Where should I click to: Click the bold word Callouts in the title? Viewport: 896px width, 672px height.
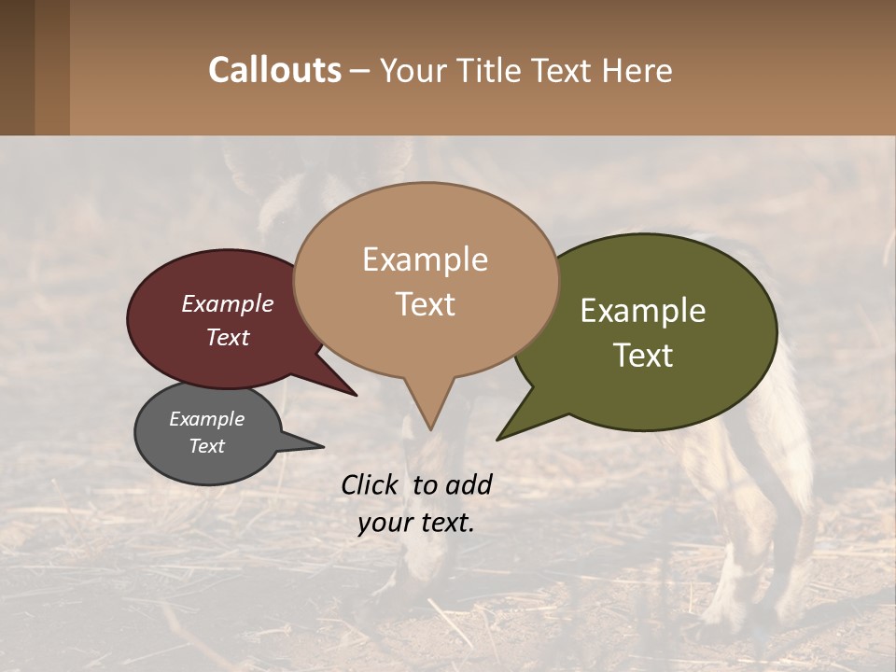tap(274, 70)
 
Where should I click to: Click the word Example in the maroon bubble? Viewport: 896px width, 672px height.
tap(227, 303)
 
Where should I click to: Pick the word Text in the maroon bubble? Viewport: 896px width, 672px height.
tap(227, 337)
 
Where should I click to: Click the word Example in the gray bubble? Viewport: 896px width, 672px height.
tap(206, 419)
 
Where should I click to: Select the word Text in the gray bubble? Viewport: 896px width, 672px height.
tap(206, 446)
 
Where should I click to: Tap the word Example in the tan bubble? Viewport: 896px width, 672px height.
tap(425, 259)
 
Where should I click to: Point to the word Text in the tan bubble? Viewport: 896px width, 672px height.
tap(425, 304)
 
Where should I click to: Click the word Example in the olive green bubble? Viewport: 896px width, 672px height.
tap(643, 311)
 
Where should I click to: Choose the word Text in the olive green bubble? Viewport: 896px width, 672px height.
tap(643, 356)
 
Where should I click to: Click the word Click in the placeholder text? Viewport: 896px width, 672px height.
tap(371, 484)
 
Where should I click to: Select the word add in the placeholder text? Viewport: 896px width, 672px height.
tap(469, 484)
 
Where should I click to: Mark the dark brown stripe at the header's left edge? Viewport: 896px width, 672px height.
tap(17, 67)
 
